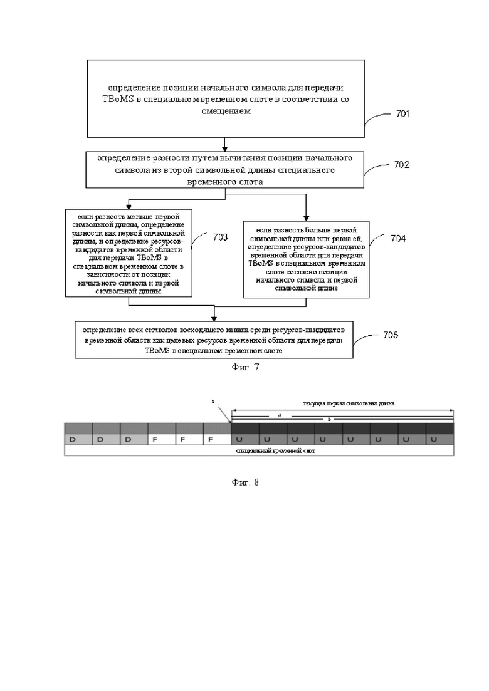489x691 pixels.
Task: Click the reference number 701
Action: (402, 114)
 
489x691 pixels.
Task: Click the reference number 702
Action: (402, 165)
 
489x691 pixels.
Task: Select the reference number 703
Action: (220, 237)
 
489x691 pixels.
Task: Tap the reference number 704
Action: (397, 239)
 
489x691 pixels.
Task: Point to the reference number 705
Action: (390, 335)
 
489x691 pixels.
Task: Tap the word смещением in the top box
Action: (225, 112)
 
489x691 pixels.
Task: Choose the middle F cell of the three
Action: (183, 439)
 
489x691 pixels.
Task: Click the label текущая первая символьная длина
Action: (349, 403)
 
